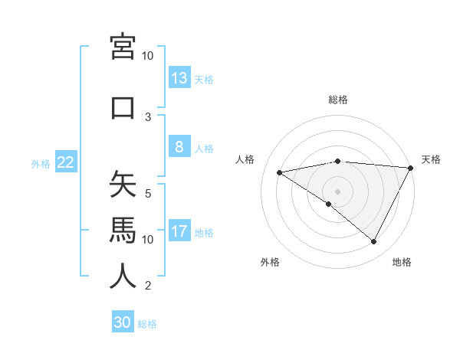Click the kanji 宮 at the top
pos(123,47)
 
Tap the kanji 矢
pos(123,185)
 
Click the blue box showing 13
pos(179,77)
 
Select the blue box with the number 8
pos(179,147)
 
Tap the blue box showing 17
pos(179,231)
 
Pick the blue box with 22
pos(65,162)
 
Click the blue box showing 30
pos(123,322)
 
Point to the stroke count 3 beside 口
pos(148,117)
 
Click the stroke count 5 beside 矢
pos(148,194)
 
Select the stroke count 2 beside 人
pos(148,286)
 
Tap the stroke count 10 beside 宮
pos(148,56)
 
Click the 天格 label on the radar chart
pos(431,159)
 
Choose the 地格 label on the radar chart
pos(402,262)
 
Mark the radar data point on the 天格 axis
pos(412,168)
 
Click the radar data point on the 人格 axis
pos(280,172)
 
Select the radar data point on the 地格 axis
pos(374,242)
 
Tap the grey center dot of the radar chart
pos(338,191)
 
